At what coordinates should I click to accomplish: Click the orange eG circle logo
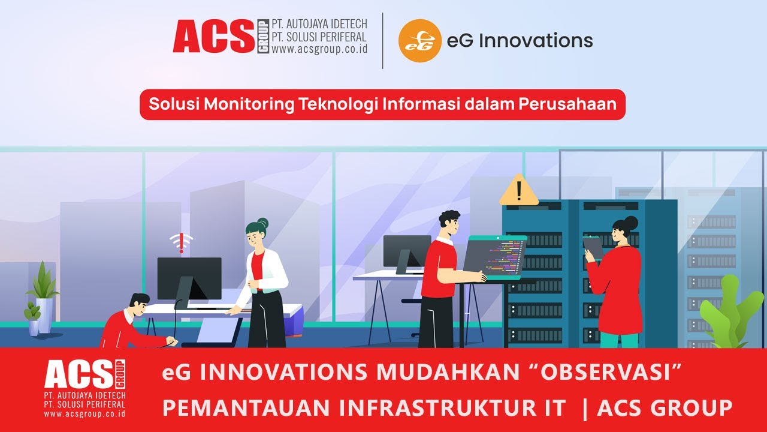419,41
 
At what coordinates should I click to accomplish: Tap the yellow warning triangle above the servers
519,191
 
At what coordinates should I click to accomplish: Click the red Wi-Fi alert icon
181,243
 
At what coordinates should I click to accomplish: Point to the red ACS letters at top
213,37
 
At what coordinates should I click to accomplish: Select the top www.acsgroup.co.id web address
319,50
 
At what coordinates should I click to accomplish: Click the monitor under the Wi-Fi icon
189,278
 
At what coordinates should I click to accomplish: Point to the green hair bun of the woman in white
262,223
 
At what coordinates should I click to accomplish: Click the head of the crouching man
138,305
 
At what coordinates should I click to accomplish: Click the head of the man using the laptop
449,224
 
